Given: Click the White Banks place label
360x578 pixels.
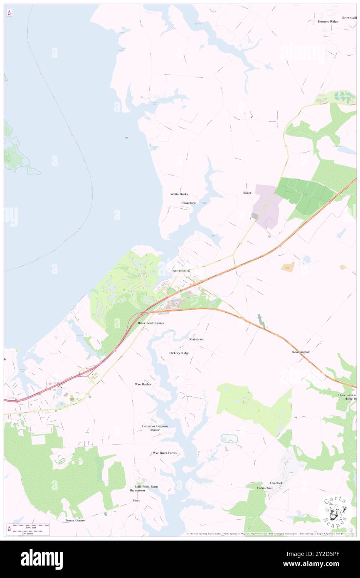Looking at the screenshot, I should [179, 194].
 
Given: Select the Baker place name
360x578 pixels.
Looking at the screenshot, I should [247, 193].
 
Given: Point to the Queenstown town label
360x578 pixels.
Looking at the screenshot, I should [181, 270].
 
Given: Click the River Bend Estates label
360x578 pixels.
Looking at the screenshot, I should [151, 323].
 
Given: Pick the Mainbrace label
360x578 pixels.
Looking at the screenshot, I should [197, 339].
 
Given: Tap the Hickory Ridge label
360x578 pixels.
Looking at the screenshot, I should [179, 353].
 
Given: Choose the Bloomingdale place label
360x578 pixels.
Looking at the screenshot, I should [301, 352].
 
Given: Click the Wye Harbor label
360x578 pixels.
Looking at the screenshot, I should [143, 384].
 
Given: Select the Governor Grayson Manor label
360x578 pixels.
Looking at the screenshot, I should [155, 428].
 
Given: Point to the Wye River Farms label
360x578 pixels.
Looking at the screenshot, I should [165, 453].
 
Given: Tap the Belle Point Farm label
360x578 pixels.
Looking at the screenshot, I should [146, 487].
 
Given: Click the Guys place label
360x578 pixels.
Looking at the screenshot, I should [136, 500].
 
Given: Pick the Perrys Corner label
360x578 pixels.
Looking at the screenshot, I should [75, 520].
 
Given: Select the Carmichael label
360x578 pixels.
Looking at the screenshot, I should [264, 488].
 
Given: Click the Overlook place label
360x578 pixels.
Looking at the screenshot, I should [276, 483].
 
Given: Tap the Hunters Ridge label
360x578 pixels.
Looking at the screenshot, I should [328, 21].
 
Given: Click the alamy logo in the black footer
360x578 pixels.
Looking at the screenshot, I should [42, 559].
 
